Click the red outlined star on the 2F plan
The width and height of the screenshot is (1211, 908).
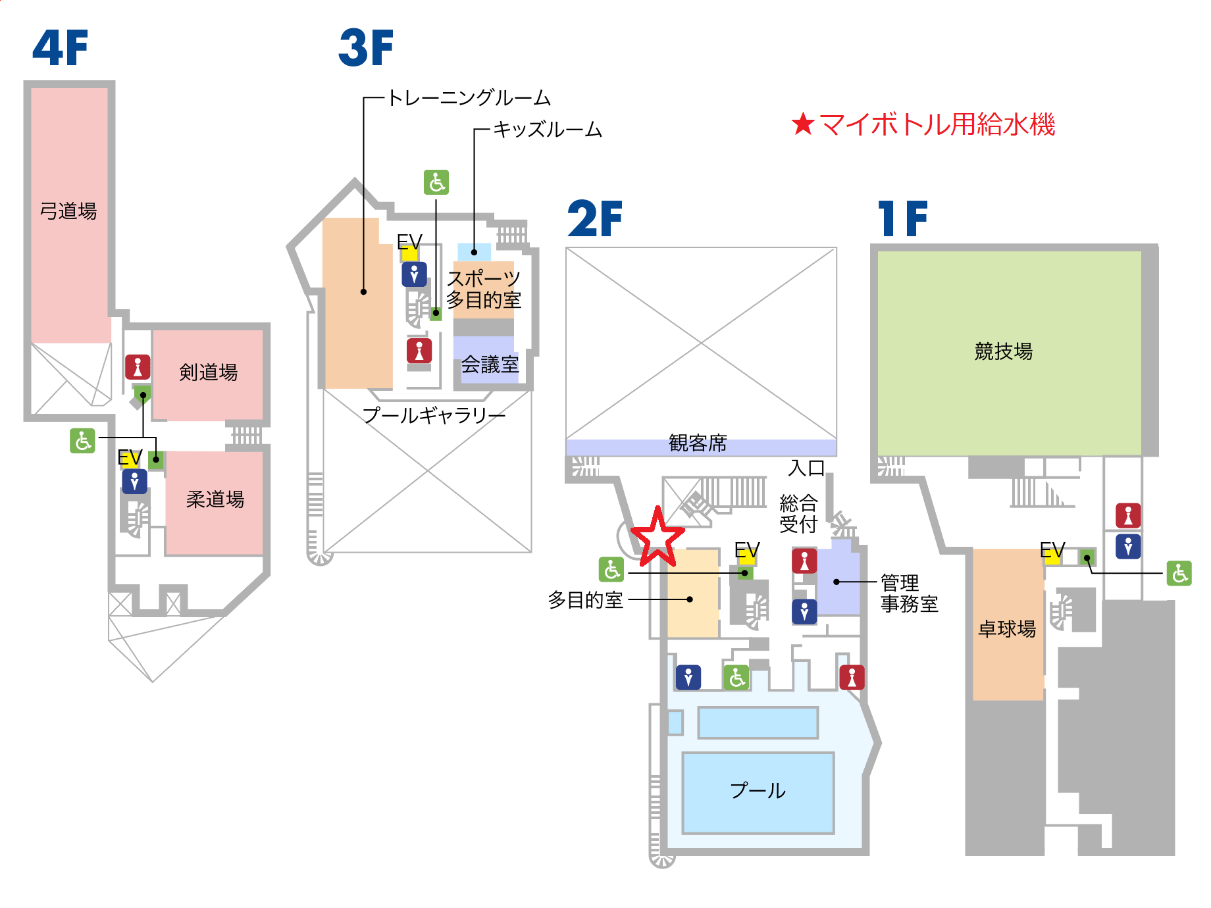(657, 538)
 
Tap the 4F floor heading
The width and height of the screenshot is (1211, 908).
(60, 48)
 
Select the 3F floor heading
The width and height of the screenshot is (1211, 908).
(366, 48)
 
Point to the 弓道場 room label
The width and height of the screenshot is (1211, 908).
(68, 211)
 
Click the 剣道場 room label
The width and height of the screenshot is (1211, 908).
(208, 372)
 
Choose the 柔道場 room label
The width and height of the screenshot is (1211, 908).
(215, 499)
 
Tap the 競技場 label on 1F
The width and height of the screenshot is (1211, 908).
(1003, 351)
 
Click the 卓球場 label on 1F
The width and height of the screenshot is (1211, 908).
(1007, 629)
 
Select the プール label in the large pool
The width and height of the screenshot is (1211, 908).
(758, 790)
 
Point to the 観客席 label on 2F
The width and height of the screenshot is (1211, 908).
(698, 443)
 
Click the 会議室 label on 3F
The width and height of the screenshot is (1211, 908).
(490, 365)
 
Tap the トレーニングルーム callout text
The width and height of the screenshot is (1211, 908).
(469, 98)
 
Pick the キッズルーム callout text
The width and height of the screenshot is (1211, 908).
(548, 130)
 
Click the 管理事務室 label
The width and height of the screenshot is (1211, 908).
(909, 593)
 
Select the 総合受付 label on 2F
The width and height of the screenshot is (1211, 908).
(798, 514)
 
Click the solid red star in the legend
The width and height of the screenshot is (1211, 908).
(803, 124)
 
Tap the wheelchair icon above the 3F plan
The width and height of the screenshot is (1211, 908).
(436, 182)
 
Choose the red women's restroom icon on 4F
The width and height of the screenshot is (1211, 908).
(138, 366)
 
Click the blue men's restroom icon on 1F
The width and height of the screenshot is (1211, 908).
(1128, 546)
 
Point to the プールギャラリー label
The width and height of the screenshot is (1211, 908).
(434, 415)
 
